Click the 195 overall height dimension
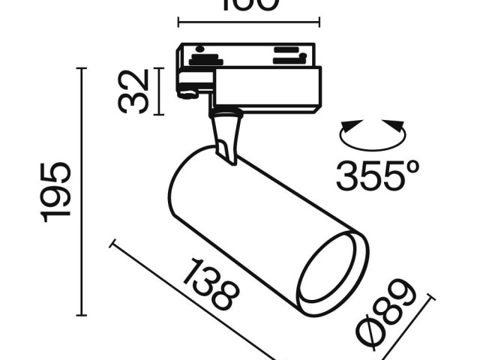coord(57,191)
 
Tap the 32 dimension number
coord(134,91)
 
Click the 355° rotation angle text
coord(376,176)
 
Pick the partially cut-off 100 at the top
coord(248,6)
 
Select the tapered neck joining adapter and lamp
coord(226,135)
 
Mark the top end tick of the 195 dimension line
coord(82,68)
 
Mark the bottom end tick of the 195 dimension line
coord(82,314)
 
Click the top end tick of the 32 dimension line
coord(158,68)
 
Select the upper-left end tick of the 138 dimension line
coord(113,243)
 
